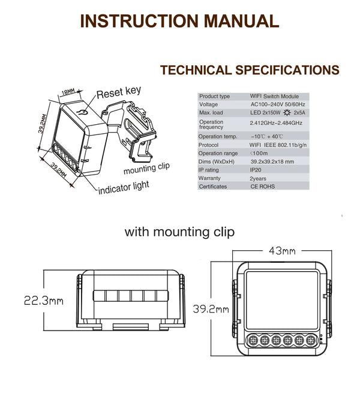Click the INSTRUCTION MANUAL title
click(180, 21)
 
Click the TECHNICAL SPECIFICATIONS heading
click(250, 70)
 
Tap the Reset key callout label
click(119, 92)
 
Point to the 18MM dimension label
click(68, 92)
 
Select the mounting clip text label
click(146, 169)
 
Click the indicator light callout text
click(124, 188)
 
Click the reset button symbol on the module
click(82, 113)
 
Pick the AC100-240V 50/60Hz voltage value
click(278, 104)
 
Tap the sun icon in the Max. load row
click(287, 113)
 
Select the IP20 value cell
click(256, 170)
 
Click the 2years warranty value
click(258, 178)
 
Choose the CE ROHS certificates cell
click(263, 187)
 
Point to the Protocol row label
click(208, 145)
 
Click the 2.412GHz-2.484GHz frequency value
click(276, 123)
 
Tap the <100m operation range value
click(259, 153)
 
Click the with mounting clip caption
click(180, 232)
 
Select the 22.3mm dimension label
click(44, 301)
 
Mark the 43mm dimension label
click(282, 251)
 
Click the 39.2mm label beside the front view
click(211, 309)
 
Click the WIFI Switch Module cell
click(274, 96)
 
